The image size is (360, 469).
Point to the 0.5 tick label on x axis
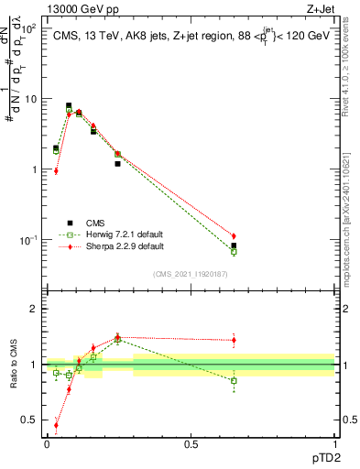[x=191, y=443]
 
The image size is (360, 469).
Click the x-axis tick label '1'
[x=334, y=443]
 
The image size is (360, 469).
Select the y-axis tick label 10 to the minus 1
[x=27, y=240]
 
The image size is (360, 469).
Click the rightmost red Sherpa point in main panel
[x=234, y=236]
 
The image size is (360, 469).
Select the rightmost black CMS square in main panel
[x=234, y=245]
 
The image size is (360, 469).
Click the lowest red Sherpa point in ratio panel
[x=56, y=425]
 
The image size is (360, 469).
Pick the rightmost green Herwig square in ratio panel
[x=234, y=380]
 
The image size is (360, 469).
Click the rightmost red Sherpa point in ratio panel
[x=234, y=340]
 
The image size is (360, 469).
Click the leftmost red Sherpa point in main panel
[x=56, y=170]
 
